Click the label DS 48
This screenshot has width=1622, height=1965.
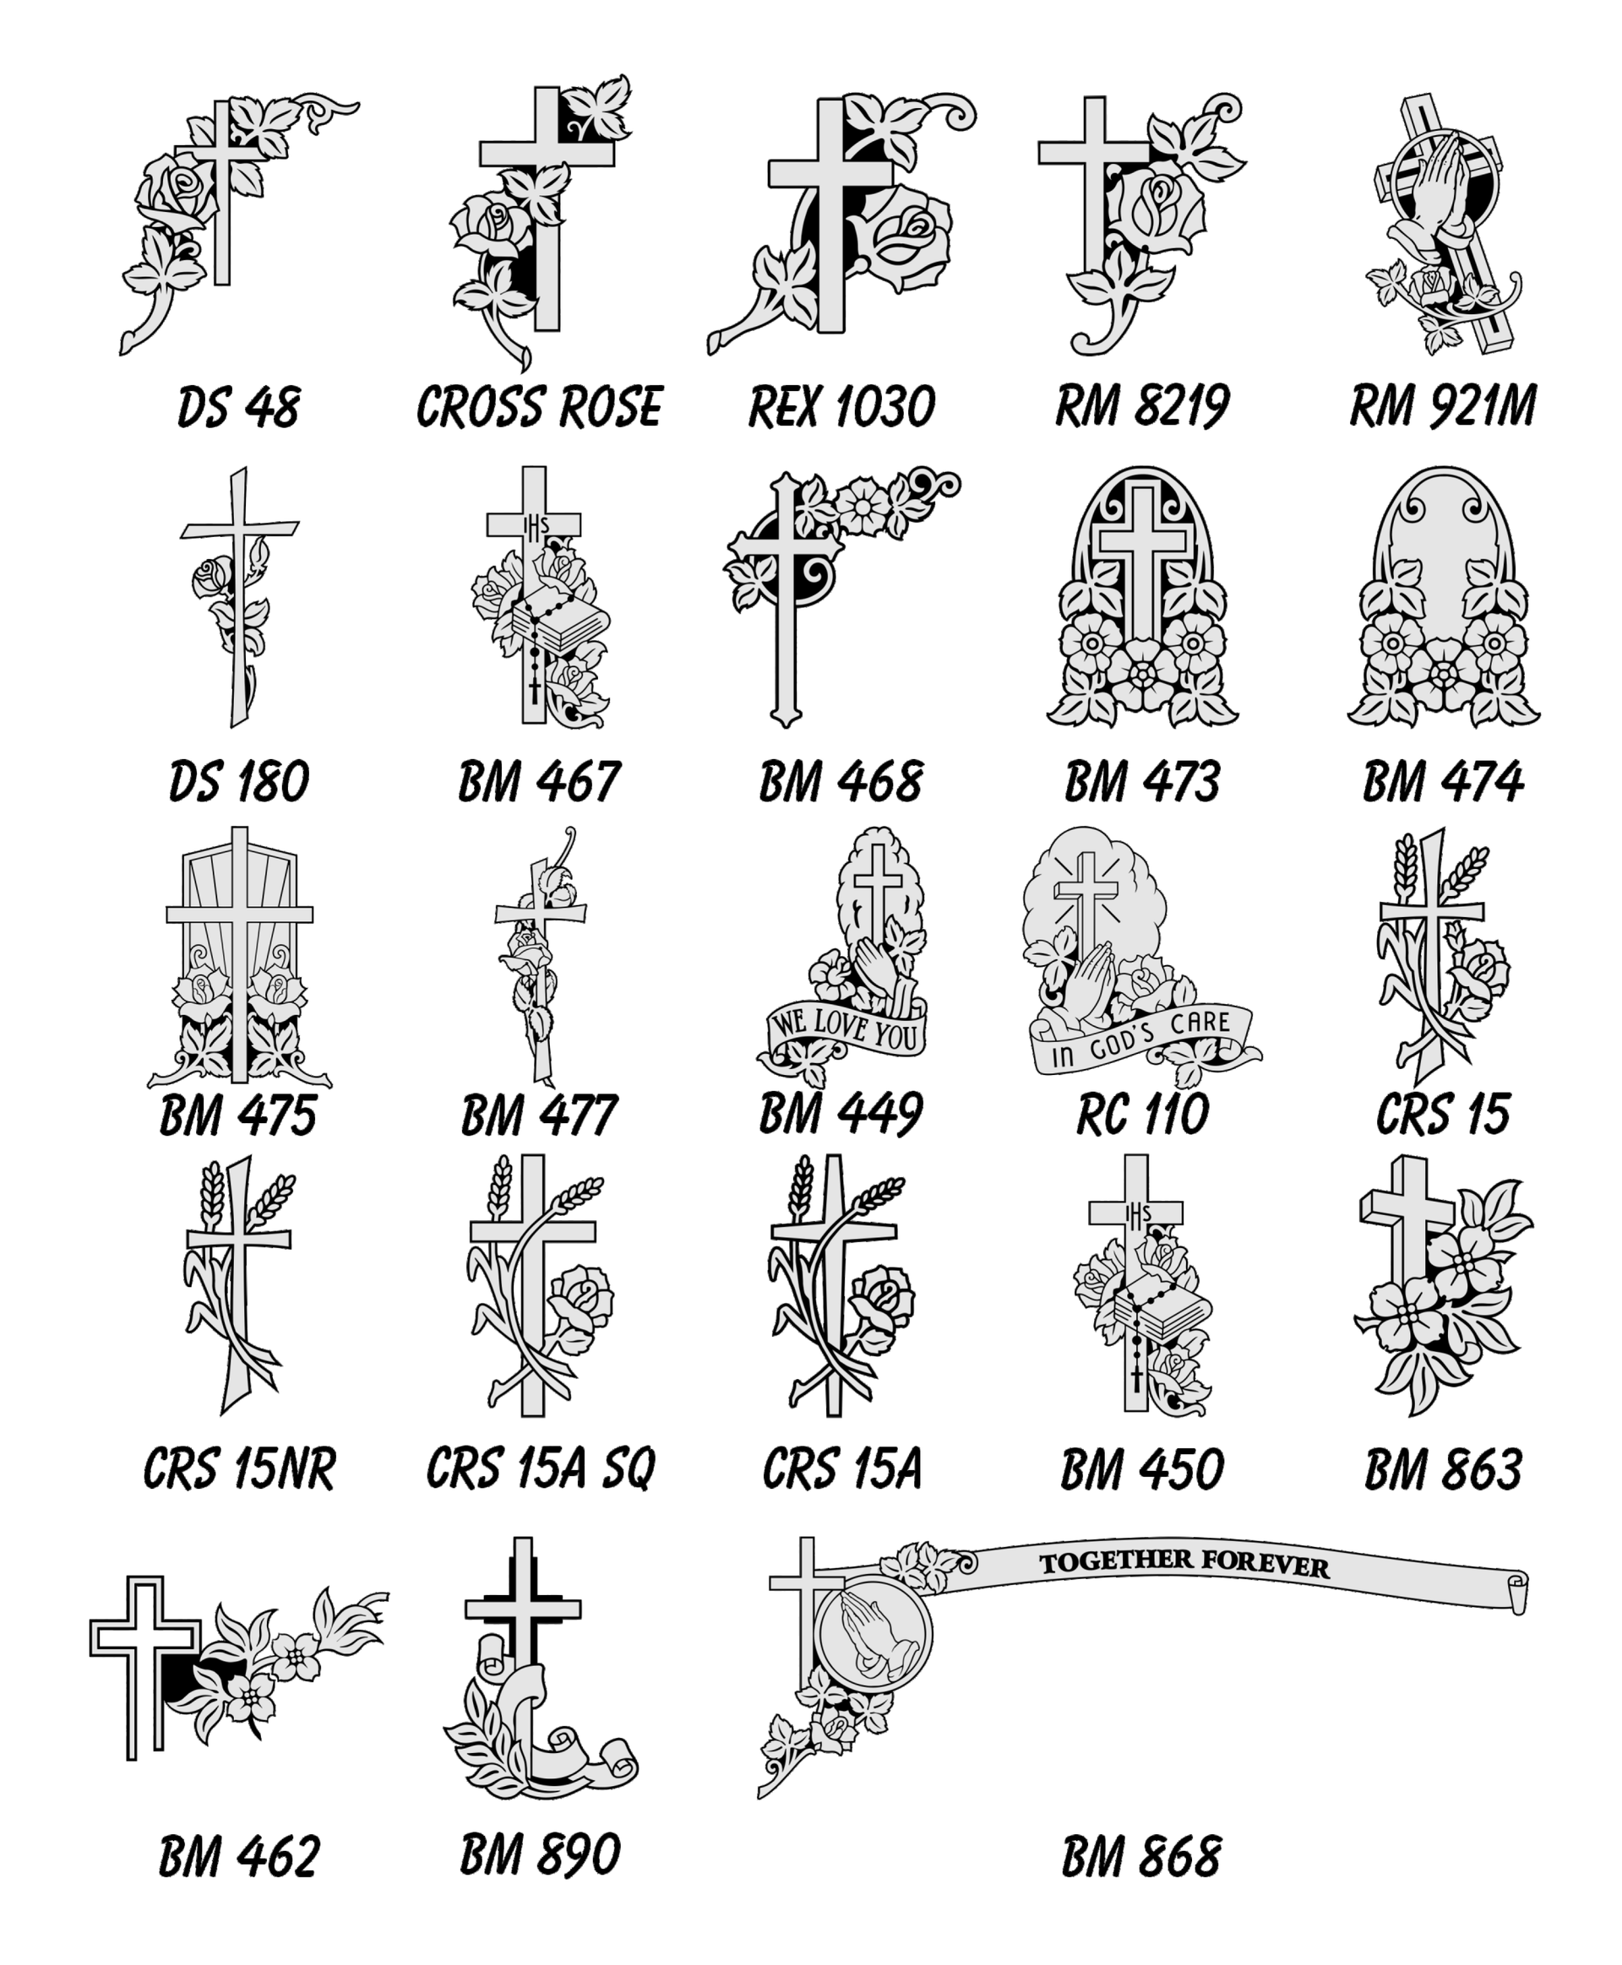[238, 408]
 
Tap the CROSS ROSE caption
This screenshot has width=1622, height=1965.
[539, 408]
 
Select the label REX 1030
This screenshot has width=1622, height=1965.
[841, 408]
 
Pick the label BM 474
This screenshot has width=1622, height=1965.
[1443, 782]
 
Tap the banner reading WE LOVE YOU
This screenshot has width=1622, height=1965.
[846, 1029]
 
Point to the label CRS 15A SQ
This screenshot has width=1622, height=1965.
[540, 1469]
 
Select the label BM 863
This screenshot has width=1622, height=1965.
[1443, 1469]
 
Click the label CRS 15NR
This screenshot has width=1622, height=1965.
[238, 1469]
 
